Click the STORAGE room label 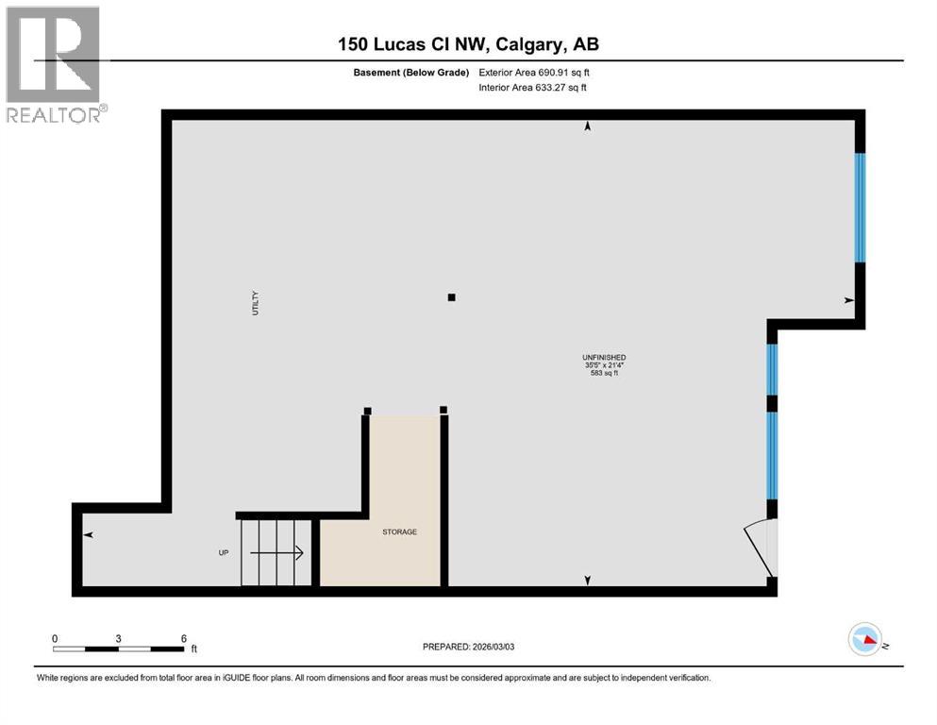(399, 532)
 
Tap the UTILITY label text (255, 302)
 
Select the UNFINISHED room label (605, 357)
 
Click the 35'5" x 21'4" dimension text (605, 365)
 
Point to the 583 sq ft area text (605, 374)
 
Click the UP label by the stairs (224, 553)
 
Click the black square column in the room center (451, 297)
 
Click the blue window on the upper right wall (860, 208)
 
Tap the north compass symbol (865, 641)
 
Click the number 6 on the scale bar (183, 638)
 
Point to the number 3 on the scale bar (118, 638)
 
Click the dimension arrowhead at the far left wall (89, 535)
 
